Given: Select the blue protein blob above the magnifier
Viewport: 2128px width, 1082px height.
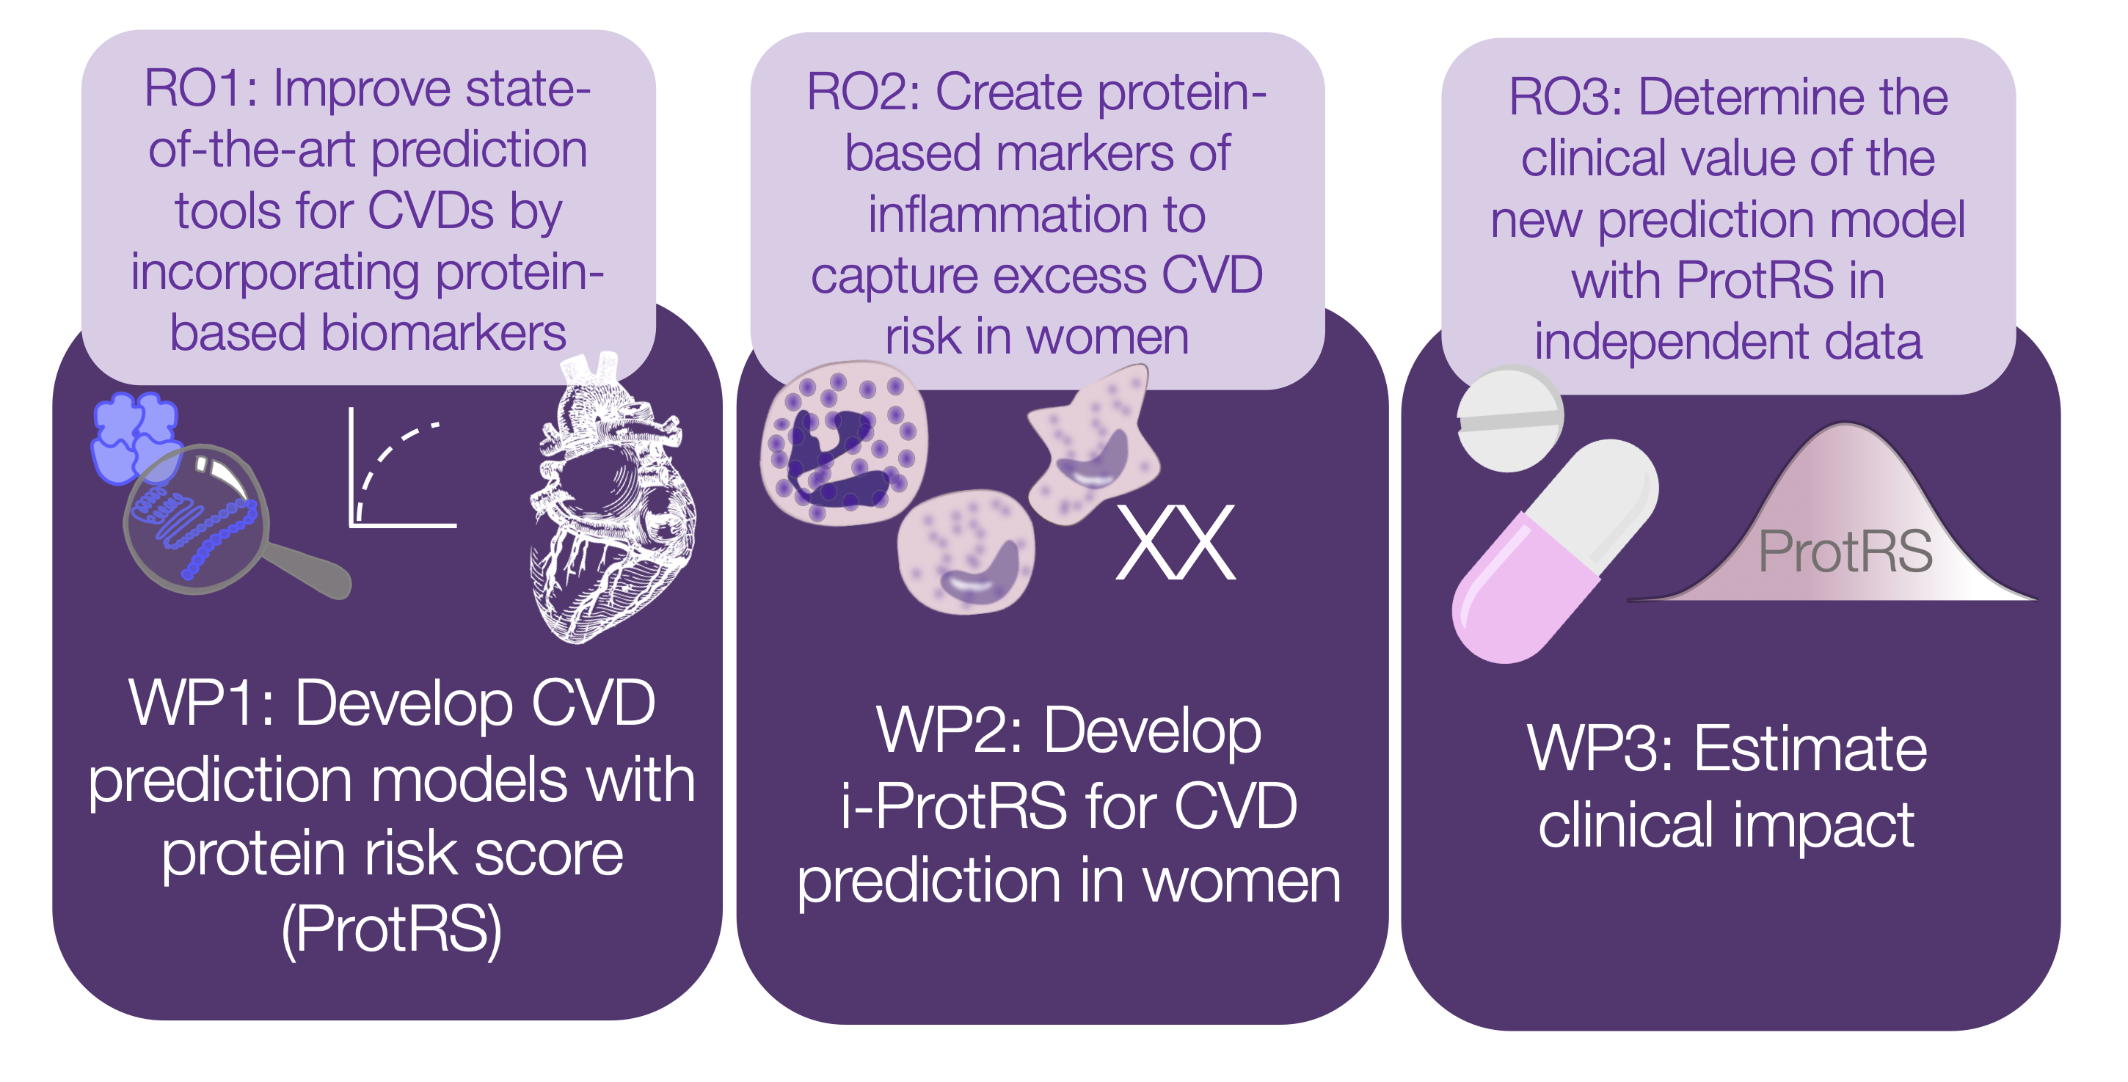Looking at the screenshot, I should coord(132,434).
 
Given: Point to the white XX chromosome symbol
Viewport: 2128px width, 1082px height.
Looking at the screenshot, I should coord(1176,544).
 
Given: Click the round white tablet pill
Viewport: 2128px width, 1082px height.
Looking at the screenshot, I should coord(1509,420).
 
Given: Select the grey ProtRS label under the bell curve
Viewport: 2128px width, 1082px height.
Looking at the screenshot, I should coord(1845,552).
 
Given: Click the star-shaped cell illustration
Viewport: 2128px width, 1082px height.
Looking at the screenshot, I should coord(1090,446).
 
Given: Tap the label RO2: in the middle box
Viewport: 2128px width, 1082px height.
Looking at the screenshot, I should coord(862,92).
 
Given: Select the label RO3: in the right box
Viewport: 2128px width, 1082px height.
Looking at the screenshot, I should coord(1565,98).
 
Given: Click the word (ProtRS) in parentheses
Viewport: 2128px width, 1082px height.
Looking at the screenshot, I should coord(392,929).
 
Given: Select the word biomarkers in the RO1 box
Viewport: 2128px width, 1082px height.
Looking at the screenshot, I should coord(442,334).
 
